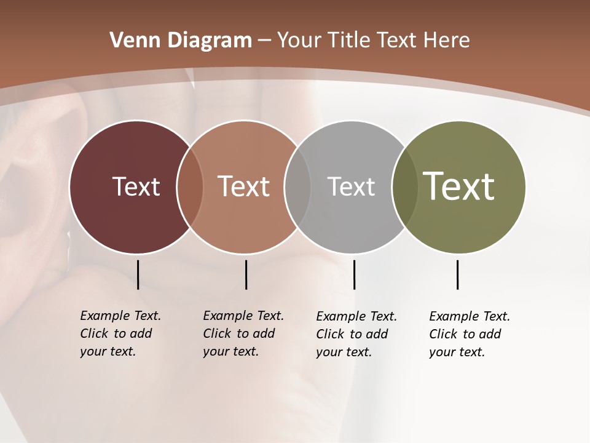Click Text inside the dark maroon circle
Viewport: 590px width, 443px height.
(136, 186)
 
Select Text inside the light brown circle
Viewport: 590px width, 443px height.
(244, 186)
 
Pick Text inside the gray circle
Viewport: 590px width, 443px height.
(351, 186)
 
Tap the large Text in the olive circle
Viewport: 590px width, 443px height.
(459, 186)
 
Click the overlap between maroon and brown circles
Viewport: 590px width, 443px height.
(190, 186)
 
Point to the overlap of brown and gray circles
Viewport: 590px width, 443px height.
(297, 186)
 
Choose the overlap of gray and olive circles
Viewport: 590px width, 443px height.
(404, 186)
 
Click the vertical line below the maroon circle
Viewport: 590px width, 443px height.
(138, 274)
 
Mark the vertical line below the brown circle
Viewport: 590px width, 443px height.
(246, 274)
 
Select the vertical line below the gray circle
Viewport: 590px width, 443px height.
(354, 274)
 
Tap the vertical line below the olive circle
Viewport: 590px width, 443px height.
(457, 274)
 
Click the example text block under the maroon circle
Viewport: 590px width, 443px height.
(120, 333)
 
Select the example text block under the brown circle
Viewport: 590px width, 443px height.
(243, 333)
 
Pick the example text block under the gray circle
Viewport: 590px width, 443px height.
(356, 334)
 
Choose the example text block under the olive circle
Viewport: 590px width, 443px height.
(469, 334)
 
